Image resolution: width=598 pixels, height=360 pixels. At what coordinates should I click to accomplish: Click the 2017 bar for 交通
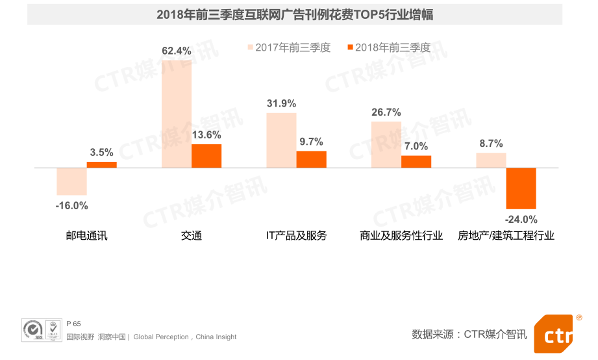pyautogui.click(x=176, y=114)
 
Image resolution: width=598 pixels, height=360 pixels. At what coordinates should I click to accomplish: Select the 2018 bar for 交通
pyautogui.click(x=206, y=156)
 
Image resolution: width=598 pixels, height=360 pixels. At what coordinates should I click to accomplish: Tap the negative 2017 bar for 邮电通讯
pyautogui.click(x=71, y=181)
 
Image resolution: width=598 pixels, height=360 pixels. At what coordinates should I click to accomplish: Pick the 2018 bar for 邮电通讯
pyautogui.click(x=101, y=164)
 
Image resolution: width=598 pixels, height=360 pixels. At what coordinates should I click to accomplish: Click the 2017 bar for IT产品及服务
pyautogui.click(x=281, y=140)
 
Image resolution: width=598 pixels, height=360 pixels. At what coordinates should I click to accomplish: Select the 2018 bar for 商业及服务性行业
pyautogui.click(x=416, y=161)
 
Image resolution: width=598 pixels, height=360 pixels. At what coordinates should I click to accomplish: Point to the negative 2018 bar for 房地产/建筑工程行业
pyautogui.click(x=521, y=188)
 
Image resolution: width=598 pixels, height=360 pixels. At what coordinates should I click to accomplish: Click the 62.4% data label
pyautogui.click(x=177, y=51)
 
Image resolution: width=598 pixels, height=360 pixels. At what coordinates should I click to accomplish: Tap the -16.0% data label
pyautogui.click(x=71, y=206)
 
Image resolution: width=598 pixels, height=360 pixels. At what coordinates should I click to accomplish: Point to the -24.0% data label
pyautogui.click(x=521, y=220)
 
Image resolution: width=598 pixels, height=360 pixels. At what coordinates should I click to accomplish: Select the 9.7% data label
pyautogui.click(x=311, y=142)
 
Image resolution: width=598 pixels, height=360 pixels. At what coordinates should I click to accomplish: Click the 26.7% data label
pyautogui.click(x=386, y=112)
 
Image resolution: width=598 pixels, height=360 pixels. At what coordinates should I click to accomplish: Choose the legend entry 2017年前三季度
pyautogui.click(x=289, y=47)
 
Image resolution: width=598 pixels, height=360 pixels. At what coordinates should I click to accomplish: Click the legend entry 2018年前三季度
pyautogui.click(x=388, y=47)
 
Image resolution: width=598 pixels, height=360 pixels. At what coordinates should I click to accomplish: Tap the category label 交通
pyautogui.click(x=192, y=235)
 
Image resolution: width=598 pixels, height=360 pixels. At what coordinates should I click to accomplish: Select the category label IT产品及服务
pyautogui.click(x=296, y=235)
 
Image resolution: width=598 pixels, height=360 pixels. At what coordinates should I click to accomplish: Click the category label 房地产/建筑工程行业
pyautogui.click(x=506, y=235)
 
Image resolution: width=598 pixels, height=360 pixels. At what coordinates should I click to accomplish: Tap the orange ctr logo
pyautogui.click(x=556, y=335)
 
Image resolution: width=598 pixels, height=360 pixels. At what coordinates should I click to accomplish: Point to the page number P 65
pyautogui.click(x=73, y=324)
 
